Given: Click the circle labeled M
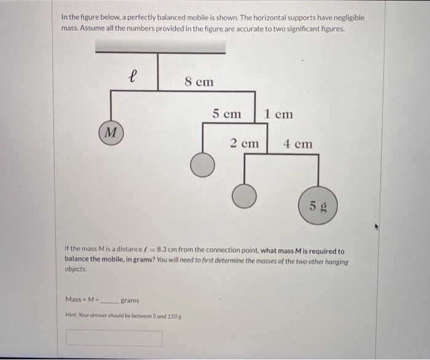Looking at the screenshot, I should [110, 132].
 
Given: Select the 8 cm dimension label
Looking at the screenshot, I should [199, 81].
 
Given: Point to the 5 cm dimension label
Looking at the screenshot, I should [227, 114].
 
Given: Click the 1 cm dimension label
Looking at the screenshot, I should [278, 114].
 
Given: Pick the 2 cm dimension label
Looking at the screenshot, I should [244, 144].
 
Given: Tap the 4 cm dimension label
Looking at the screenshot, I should [297, 144].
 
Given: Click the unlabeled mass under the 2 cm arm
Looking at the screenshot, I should [244, 195].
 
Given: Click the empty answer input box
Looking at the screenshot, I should [114, 338].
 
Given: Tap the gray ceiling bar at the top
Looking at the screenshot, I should [160, 47].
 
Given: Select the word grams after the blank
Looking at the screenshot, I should [130, 300].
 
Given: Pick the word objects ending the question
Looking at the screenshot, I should [76, 270].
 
